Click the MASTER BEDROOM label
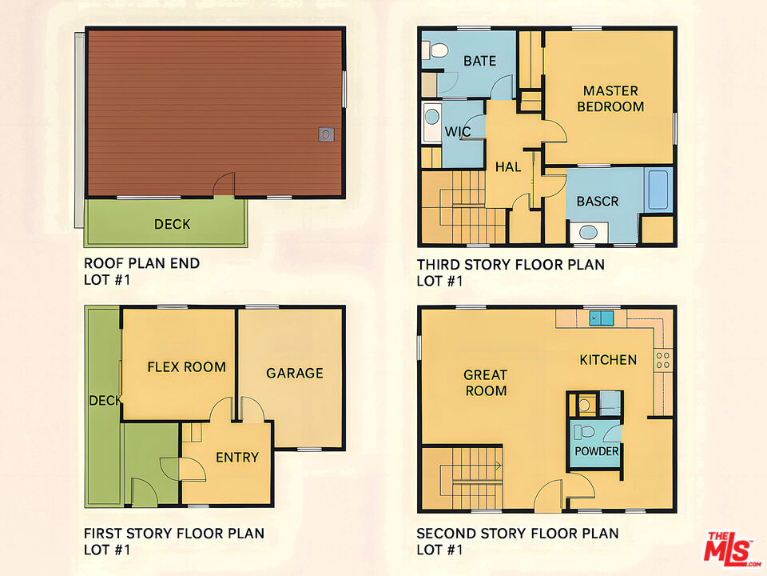(x=610, y=98)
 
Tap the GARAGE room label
(x=295, y=374)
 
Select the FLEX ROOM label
(x=186, y=367)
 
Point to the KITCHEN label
(x=608, y=360)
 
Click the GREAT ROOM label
(x=485, y=382)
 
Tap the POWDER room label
(x=596, y=451)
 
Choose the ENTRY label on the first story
(x=237, y=457)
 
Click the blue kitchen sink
(x=601, y=318)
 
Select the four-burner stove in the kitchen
(x=663, y=360)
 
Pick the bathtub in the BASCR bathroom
(x=658, y=190)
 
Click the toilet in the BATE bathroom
(x=435, y=50)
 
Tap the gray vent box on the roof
(x=326, y=134)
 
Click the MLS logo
(x=731, y=548)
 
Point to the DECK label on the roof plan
(x=173, y=224)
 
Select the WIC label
(x=458, y=131)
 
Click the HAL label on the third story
(x=508, y=167)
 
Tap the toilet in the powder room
(x=584, y=431)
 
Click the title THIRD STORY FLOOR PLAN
(x=511, y=265)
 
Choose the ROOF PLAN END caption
(x=142, y=263)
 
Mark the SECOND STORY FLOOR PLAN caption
(x=518, y=534)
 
